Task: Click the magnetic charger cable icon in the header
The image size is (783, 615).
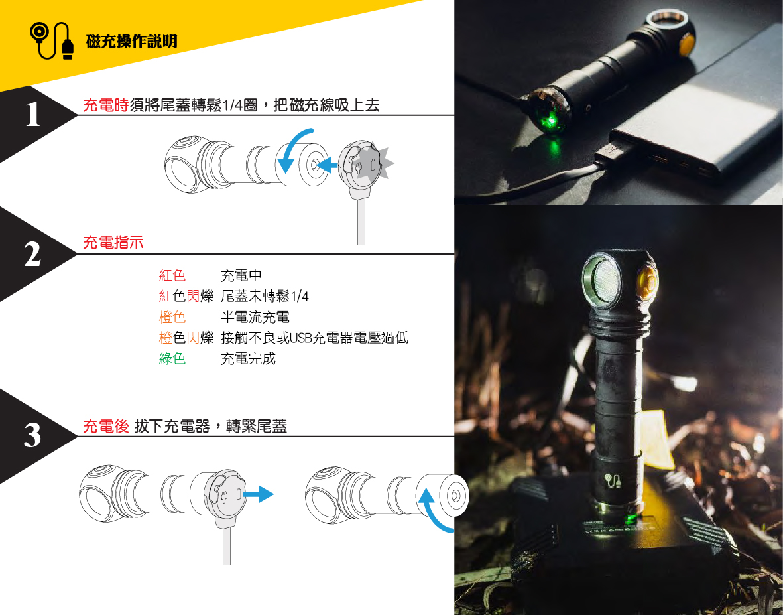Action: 52,40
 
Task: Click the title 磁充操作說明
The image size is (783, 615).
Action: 131,42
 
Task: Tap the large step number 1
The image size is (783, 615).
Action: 32,114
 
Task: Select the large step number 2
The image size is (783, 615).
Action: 32,254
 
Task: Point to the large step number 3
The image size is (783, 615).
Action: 32,435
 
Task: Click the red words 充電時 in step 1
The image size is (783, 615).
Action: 105,105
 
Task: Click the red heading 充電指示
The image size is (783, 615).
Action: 113,243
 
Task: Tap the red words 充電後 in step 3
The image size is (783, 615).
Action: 105,426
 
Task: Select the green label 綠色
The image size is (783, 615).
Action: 172,358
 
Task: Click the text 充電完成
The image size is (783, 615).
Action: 248,359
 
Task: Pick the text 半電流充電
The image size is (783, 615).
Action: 255,317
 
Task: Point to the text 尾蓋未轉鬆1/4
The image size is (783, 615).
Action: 264,297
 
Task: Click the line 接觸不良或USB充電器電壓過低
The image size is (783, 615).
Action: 314,338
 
